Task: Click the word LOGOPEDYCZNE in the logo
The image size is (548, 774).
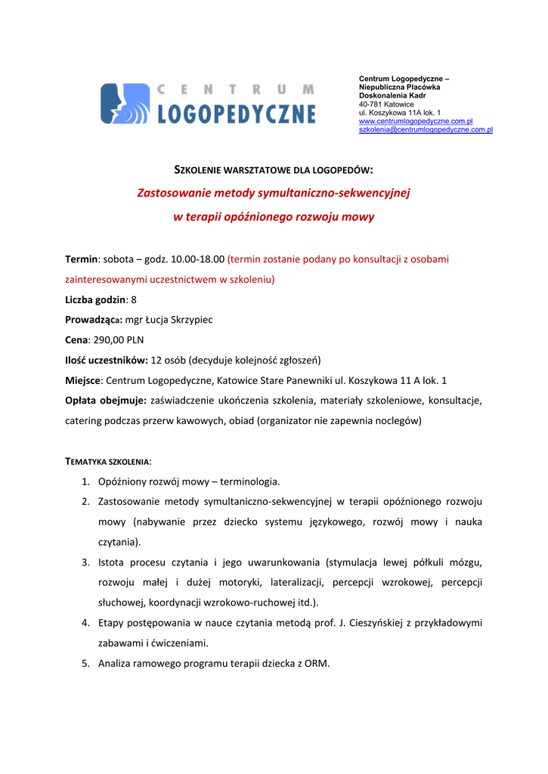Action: pos(237,113)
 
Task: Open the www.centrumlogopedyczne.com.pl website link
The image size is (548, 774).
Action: pos(416,121)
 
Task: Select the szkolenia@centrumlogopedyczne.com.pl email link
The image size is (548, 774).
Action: pos(426,130)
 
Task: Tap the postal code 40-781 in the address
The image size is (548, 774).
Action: pos(370,104)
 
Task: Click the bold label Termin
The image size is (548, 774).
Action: pos(82,259)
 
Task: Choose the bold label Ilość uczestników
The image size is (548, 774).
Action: pos(106,361)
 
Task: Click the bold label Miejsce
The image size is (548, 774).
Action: pos(82,380)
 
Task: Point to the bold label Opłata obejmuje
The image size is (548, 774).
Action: pos(106,400)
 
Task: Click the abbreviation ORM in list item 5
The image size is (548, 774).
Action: pos(315,664)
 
